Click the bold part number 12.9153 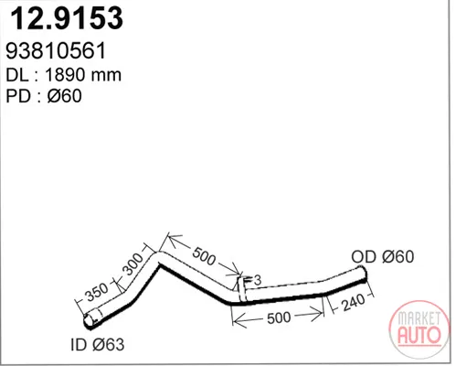(x=67, y=18)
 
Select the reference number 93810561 (x=56, y=50)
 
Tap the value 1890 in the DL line (x=64, y=75)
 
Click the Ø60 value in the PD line (x=65, y=96)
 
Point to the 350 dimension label (x=96, y=292)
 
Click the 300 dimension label (x=132, y=264)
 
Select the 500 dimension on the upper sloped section (x=204, y=256)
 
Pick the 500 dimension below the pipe (x=279, y=318)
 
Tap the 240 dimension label (x=353, y=303)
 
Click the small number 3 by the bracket (x=258, y=280)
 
